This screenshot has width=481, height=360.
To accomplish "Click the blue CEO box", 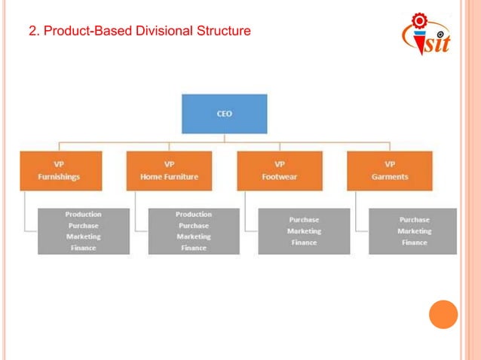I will (224, 114).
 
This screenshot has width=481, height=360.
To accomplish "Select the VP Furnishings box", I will (60, 170).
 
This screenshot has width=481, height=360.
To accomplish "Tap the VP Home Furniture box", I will (170, 170).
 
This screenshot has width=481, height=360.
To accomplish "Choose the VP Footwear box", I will (280, 170).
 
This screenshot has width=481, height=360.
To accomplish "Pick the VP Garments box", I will (390, 170).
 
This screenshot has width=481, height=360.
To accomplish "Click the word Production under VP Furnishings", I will (83, 215).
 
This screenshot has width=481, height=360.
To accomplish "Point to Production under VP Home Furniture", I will (194, 215).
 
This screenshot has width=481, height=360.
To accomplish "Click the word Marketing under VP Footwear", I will (304, 231).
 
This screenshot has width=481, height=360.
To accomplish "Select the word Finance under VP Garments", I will (415, 243).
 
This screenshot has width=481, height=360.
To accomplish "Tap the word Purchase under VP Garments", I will (415, 220).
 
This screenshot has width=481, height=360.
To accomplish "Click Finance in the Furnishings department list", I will (83, 248).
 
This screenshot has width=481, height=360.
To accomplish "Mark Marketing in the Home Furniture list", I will (194, 236).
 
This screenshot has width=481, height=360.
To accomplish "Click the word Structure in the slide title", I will (223, 32).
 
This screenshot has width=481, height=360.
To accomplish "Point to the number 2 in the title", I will (32, 32).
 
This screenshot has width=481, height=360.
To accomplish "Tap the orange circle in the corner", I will (443, 314).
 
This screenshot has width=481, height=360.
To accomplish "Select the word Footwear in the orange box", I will (280, 177).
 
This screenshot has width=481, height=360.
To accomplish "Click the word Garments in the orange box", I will (390, 177).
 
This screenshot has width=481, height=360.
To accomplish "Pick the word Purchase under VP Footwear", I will (304, 220).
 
